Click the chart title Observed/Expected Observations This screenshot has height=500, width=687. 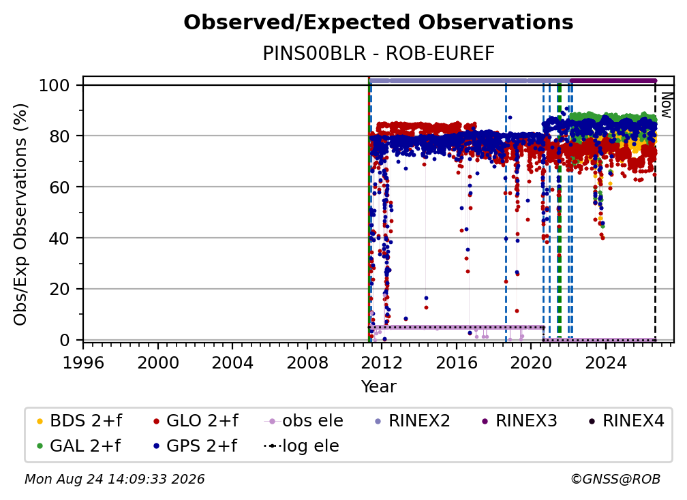[x=378, y=22]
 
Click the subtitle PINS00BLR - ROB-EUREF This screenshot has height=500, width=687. [x=378, y=53]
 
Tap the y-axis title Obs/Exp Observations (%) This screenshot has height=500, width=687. [x=20, y=215]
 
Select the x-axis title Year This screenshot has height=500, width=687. [x=378, y=386]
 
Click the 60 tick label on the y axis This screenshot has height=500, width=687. [x=59, y=187]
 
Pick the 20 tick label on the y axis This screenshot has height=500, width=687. [x=59, y=289]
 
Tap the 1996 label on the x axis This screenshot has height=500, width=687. [x=83, y=362]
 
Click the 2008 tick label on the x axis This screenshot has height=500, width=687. [x=307, y=362]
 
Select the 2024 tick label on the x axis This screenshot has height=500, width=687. [x=606, y=362]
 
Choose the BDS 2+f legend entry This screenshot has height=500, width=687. [x=79, y=421]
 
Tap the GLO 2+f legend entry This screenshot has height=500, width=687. [x=196, y=421]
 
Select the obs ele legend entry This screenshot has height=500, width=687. [x=303, y=421]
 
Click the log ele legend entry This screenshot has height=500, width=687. [x=301, y=446]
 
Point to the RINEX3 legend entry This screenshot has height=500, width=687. [x=519, y=421]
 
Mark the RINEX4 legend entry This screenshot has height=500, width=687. [x=626, y=421]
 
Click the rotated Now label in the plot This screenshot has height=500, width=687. [x=665, y=105]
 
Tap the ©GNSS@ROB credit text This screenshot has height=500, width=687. [x=615, y=479]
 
